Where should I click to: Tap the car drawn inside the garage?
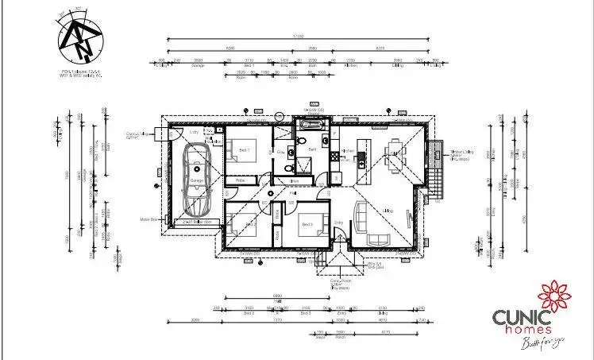point(196,178)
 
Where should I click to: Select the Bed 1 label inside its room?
point(244,149)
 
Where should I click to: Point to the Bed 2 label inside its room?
point(249,225)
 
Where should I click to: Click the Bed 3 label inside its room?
point(305,225)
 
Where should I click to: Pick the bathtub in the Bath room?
point(307,126)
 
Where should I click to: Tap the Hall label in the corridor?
point(293,192)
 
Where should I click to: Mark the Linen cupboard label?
point(295,181)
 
